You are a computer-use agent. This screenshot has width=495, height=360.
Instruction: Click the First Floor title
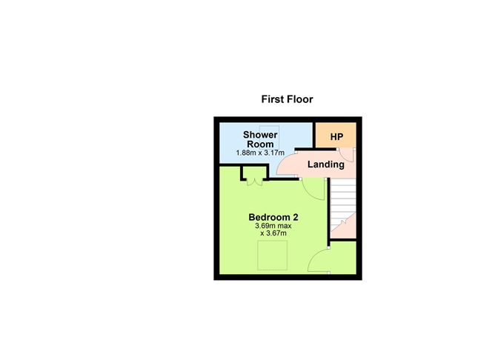[287, 99]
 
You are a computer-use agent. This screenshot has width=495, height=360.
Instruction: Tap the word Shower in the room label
[261, 134]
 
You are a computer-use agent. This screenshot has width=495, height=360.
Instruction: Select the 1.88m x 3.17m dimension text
[261, 153]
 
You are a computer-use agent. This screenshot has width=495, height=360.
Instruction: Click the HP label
[336, 137]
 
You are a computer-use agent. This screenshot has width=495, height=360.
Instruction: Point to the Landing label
[326, 164]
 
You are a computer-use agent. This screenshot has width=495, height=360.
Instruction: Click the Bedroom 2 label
[272, 217]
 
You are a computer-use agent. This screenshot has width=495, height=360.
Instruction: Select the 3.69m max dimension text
[272, 226]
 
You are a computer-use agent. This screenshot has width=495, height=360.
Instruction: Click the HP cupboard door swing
[353, 155]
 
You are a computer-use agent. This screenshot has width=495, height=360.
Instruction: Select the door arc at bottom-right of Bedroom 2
[319, 261]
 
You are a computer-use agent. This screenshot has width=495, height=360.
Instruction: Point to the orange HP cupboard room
[336, 136]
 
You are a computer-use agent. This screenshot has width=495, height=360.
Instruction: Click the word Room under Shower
[261, 144]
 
